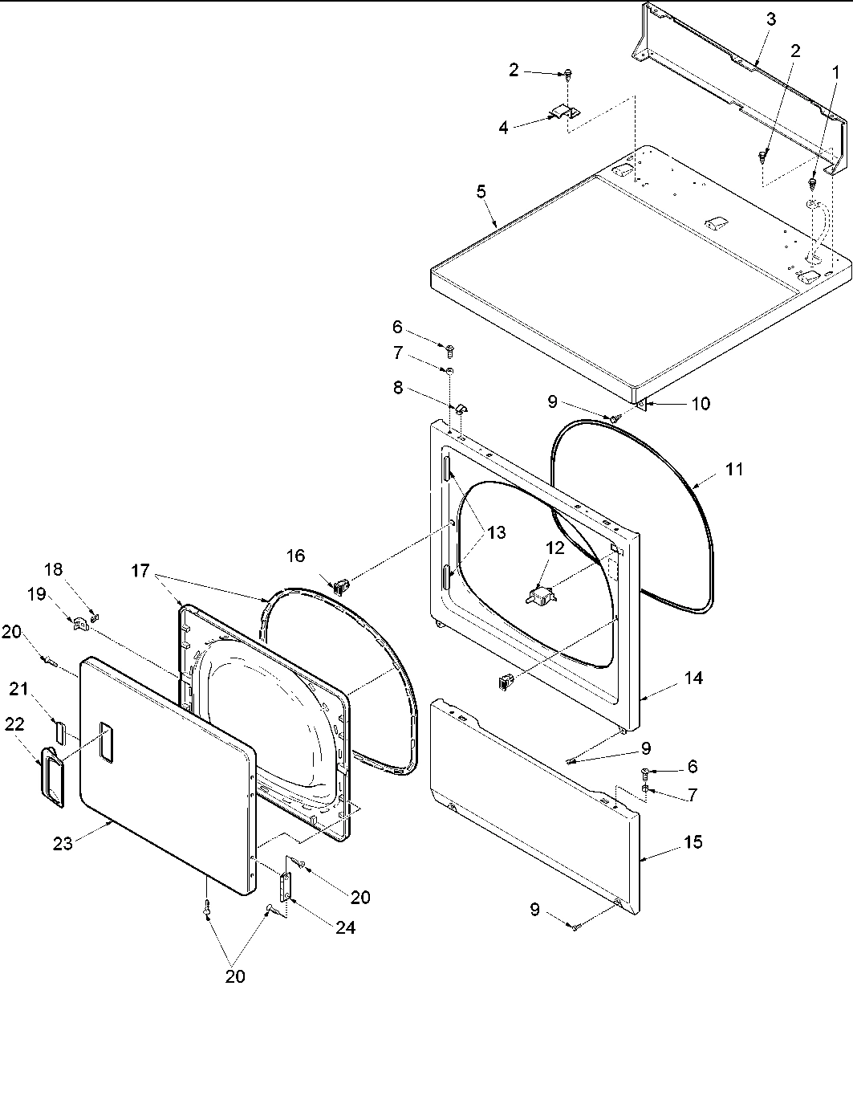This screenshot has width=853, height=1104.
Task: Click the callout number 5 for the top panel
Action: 481,191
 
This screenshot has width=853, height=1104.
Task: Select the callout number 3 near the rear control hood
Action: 770,20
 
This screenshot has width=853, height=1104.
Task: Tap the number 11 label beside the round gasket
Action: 734,469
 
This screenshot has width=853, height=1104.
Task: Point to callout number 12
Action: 555,548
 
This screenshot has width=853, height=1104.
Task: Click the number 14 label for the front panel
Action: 693,678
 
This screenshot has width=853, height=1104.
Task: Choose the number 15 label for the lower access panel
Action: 693,841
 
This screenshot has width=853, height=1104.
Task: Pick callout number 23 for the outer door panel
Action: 63,843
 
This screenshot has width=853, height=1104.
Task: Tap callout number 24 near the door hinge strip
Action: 346,927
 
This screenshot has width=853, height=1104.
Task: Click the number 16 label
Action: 295,556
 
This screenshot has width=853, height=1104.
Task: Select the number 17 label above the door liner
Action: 140,570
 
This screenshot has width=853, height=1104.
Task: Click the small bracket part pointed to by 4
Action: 564,112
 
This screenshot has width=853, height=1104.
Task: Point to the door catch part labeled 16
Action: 340,585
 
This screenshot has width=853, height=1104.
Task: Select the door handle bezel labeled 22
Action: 53,775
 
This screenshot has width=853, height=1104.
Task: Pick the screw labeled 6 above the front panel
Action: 449,349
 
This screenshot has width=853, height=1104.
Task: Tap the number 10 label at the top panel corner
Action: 701,403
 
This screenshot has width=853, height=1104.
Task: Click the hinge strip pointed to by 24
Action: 285,889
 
